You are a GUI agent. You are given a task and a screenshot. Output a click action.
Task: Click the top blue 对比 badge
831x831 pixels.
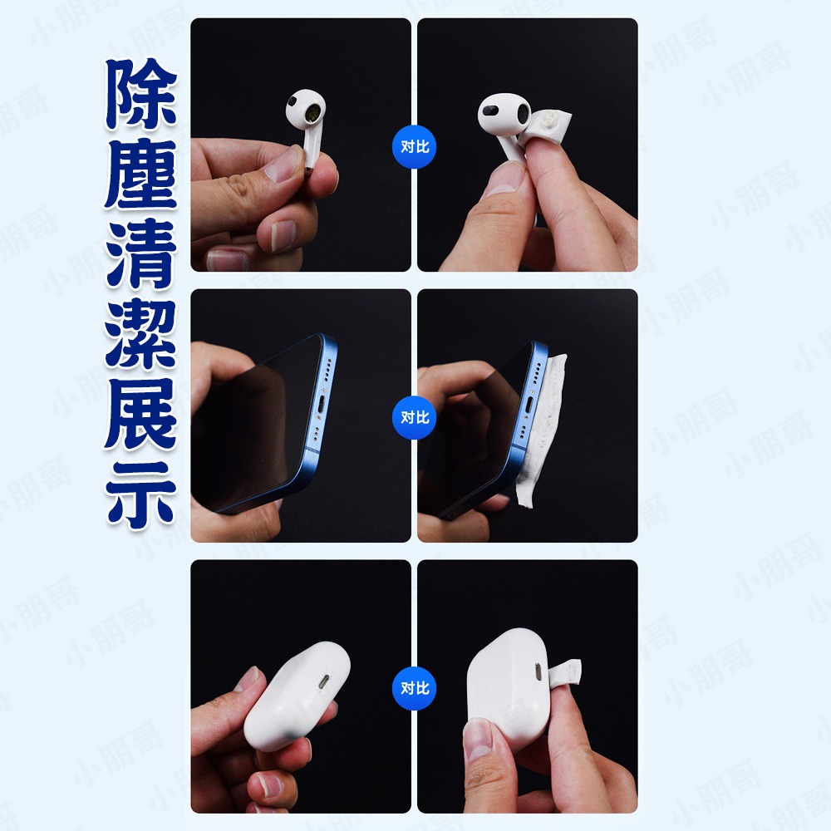tap(414, 147)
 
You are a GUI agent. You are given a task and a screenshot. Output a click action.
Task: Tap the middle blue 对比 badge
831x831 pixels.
tap(414, 417)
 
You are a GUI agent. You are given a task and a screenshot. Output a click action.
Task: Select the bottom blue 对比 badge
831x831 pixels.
tap(414, 688)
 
